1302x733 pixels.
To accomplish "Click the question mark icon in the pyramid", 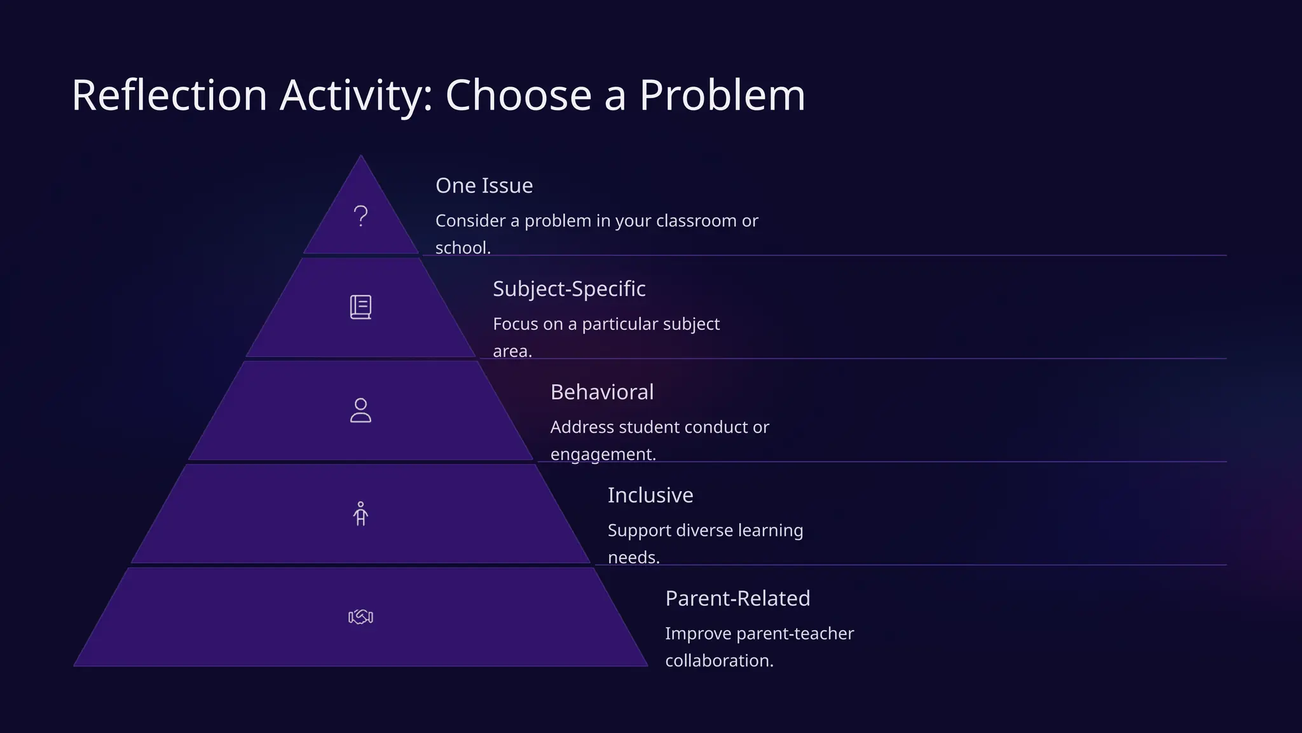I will tap(360, 216).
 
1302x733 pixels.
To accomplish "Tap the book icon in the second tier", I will tap(360, 307).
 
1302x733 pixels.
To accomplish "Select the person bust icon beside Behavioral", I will tap(360, 410).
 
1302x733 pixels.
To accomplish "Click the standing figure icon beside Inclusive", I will tap(360, 513).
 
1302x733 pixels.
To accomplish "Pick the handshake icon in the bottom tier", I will tap(360, 617).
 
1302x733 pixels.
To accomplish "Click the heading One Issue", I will tap(484, 186).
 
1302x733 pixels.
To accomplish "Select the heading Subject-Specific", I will tap(569, 289).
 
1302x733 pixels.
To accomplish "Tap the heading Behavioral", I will tap(601, 392).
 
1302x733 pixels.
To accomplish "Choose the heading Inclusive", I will tap(650, 495).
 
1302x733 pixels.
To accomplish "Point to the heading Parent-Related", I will tap(737, 598).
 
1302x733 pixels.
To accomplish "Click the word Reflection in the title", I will tap(169, 95).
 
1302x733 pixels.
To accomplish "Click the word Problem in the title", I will tap(722, 95).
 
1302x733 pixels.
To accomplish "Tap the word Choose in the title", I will tap(519, 95).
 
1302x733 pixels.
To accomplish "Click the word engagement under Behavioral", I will tap(602, 454).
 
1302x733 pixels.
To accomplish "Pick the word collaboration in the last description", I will tap(718, 660).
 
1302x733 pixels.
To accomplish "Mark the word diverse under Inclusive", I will tap(704, 530).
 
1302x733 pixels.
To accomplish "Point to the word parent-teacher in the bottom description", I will tap(795, 634).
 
